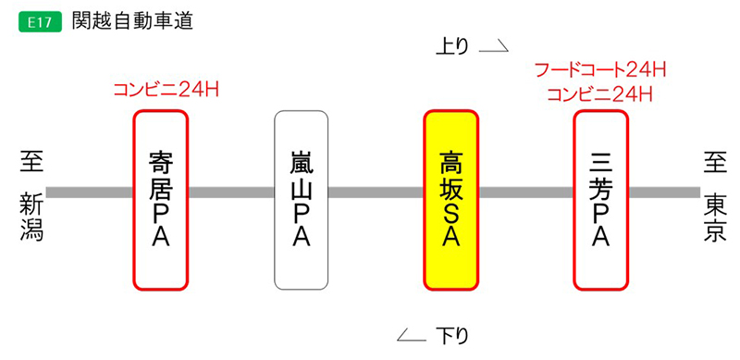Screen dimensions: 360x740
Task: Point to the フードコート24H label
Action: click(601, 69)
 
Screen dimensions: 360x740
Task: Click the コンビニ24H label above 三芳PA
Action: click(601, 93)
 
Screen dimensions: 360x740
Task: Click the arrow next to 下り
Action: click(411, 335)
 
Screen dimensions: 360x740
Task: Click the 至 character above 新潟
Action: click(32, 163)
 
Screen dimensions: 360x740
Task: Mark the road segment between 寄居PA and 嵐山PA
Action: click(231, 192)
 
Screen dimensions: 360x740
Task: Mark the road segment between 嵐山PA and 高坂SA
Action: click(376, 192)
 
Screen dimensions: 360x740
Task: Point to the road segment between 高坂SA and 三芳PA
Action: click(526, 192)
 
